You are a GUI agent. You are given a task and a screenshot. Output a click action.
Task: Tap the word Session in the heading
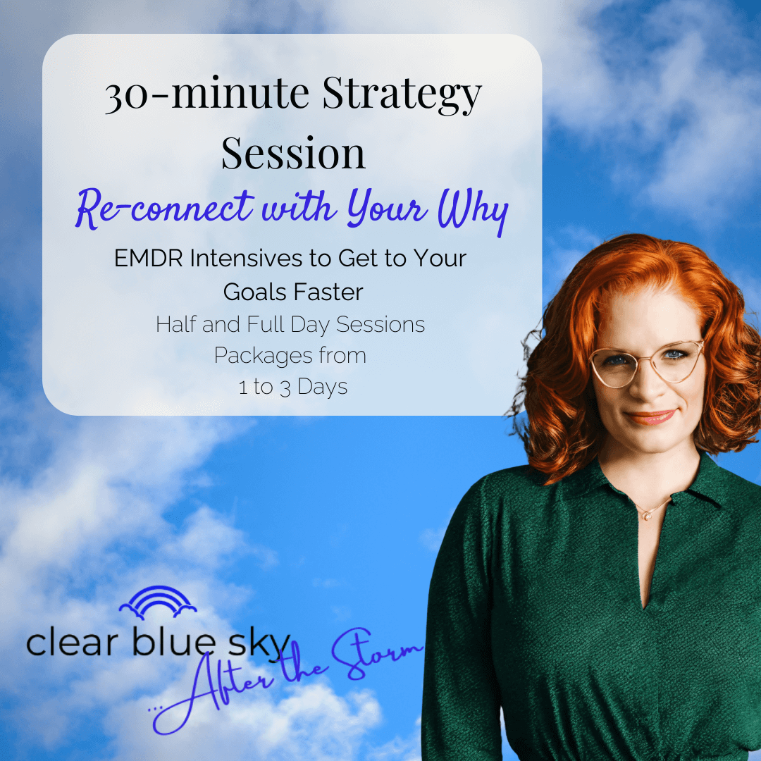click(293, 153)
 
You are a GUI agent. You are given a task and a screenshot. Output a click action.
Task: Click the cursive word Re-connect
click(164, 208)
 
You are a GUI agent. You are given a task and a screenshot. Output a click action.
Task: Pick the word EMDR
click(149, 258)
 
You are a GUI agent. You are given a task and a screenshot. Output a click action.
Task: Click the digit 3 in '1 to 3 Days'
click(285, 388)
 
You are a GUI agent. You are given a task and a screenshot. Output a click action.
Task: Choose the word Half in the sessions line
click(175, 324)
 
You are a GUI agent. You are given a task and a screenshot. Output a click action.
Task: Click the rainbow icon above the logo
click(158, 602)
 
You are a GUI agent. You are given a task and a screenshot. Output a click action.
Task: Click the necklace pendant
click(648, 516)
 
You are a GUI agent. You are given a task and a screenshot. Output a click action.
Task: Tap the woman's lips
click(651, 417)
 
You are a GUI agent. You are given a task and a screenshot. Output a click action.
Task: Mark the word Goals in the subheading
click(255, 292)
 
